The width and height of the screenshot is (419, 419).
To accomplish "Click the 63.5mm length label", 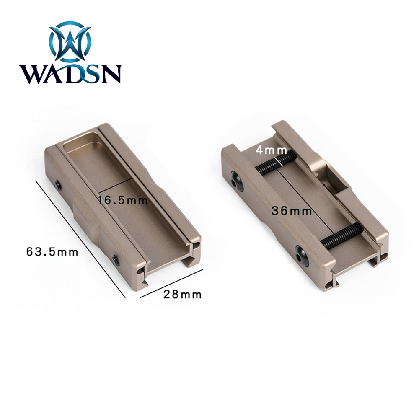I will [x=52, y=252].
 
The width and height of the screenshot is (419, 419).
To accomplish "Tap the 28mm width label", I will [x=182, y=294].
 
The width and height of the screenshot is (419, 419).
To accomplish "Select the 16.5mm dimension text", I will [x=123, y=200].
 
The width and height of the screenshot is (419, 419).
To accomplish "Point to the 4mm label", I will [x=272, y=150].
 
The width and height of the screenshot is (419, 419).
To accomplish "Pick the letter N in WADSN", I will [x=110, y=75].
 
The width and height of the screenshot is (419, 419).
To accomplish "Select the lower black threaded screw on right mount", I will [x=341, y=235].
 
